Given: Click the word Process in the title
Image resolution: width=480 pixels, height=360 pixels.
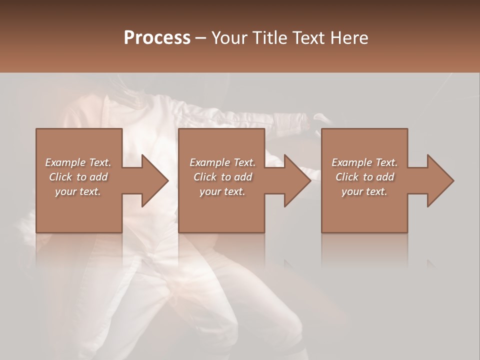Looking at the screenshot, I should coord(157,37).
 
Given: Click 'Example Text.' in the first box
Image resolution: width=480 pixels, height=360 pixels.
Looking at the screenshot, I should coord(78,162).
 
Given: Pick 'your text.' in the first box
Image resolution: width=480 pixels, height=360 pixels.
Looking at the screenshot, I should coord(78,191).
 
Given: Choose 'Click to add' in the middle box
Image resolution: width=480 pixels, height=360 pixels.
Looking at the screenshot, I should coord(222,177).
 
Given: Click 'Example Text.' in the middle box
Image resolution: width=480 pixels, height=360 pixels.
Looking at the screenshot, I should coord(222,162).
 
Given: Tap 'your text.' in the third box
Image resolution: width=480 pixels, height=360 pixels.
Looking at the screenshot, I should coord(364,191).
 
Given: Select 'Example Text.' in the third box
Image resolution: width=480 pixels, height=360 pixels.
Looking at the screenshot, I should coord(364,162).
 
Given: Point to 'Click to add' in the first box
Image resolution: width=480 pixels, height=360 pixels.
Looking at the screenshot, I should coord(78,177).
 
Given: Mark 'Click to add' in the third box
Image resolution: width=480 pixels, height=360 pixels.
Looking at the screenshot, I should coord(364,177).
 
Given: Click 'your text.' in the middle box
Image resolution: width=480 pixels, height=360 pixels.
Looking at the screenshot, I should coord(222,191).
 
